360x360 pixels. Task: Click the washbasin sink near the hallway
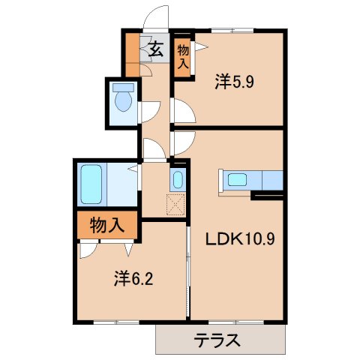177,180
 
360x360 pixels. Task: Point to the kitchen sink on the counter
237,180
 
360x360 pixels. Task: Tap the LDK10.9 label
238,240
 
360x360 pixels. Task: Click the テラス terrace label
218,340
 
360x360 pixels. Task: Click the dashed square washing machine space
175,203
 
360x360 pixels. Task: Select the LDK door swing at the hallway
184,140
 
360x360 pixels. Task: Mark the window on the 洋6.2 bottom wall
116,322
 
